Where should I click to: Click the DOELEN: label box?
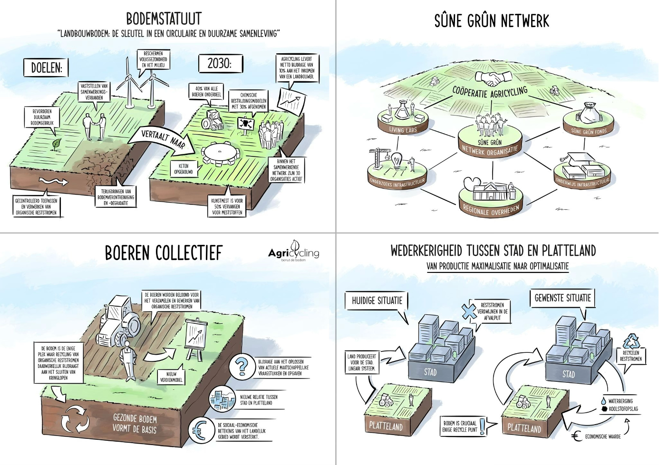(x=46, y=68)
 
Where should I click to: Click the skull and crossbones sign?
(x=245, y=124)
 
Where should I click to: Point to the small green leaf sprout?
(x=56, y=143)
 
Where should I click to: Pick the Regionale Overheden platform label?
(x=491, y=208)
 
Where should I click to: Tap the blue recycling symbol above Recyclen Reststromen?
(x=631, y=341)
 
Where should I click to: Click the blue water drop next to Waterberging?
(x=603, y=401)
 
